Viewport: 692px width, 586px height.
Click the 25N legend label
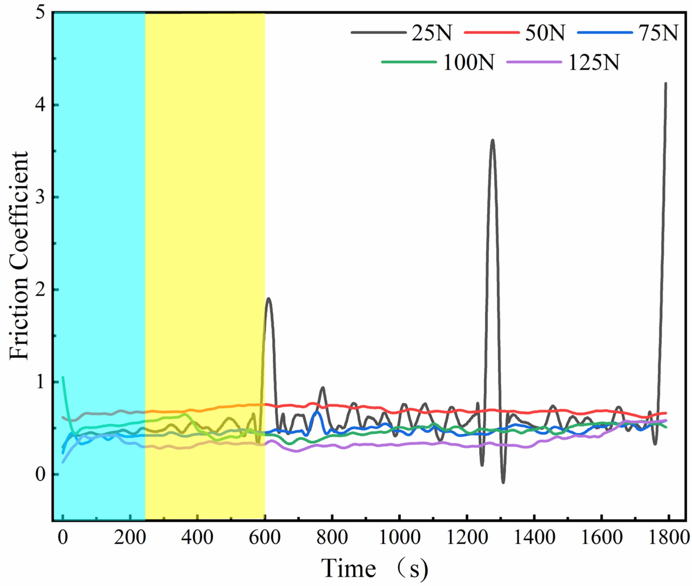click(x=432, y=33)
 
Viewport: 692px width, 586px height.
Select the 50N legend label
click(x=545, y=33)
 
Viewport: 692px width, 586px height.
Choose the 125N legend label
click(x=594, y=62)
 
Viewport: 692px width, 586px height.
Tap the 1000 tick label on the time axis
click(x=399, y=537)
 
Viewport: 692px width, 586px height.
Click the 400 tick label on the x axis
click(x=197, y=537)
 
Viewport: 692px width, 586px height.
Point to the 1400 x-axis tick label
click(x=534, y=537)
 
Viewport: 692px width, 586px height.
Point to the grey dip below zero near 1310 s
click(x=503, y=482)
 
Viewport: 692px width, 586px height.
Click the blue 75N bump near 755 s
click(x=317, y=412)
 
